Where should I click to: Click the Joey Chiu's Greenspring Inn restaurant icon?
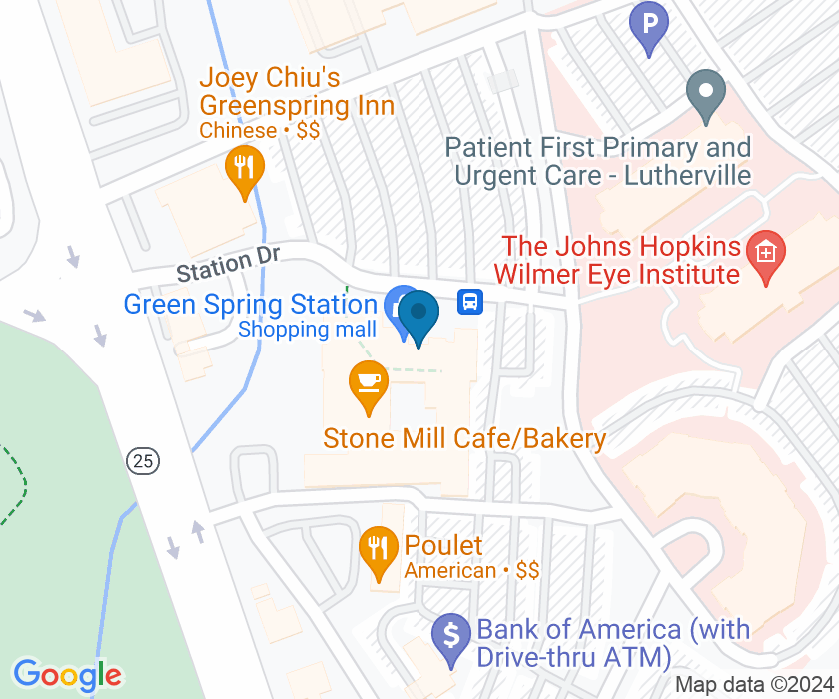click(x=243, y=170)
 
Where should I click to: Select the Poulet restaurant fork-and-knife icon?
click(x=378, y=550)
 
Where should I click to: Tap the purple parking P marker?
click(x=649, y=24)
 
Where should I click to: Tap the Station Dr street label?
click(x=228, y=265)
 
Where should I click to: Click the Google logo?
click(x=67, y=676)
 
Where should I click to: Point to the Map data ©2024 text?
click(x=754, y=685)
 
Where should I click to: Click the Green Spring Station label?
click(x=250, y=304)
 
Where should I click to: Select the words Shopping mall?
click(x=307, y=329)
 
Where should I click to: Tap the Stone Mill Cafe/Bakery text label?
click(x=464, y=439)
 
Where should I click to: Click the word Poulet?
click(x=443, y=546)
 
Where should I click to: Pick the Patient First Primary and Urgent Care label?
click(x=598, y=161)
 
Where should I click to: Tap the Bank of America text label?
click(x=612, y=643)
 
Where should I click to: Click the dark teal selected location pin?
click(x=419, y=317)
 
